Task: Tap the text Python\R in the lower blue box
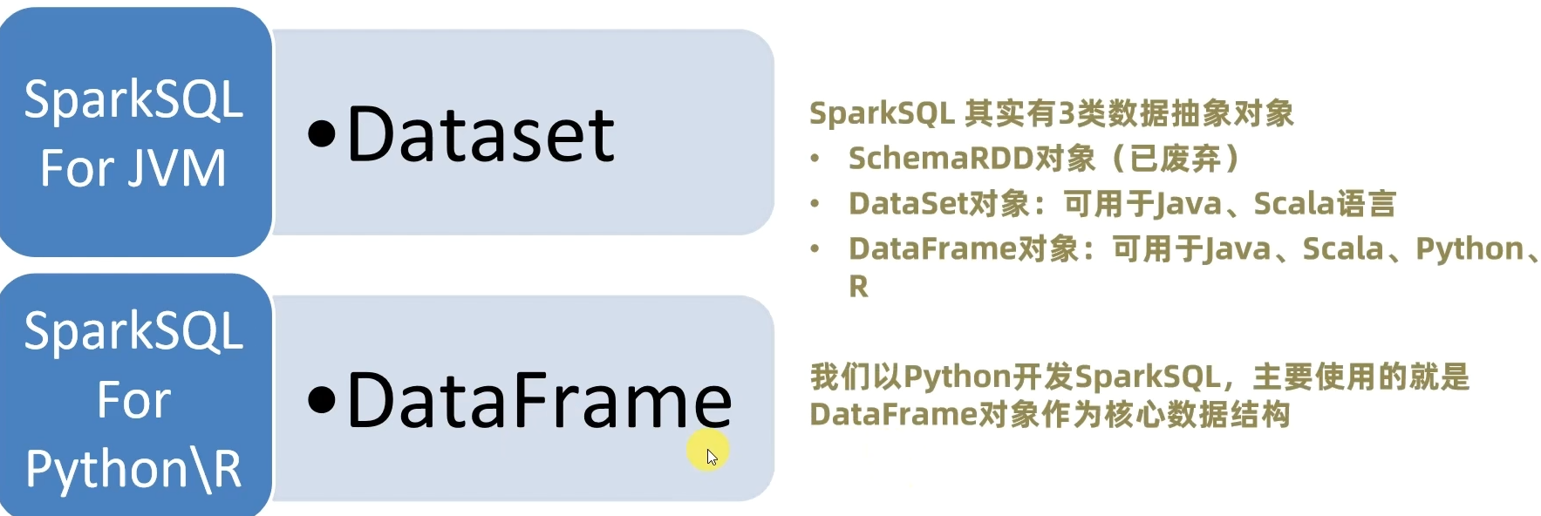pos(133,469)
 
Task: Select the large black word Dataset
pos(481,135)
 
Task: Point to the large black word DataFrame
pos(539,401)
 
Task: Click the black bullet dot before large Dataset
pos(322,135)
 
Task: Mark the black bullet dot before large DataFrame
pos(322,400)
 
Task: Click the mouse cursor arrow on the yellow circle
pos(712,456)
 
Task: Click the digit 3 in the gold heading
pos(1066,113)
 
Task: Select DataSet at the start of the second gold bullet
pos(907,204)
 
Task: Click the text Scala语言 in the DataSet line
pos(1324,204)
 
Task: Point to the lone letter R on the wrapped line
pos(858,286)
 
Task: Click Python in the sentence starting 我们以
pos(957,377)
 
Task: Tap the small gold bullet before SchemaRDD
pos(815,160)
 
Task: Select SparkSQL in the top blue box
pos(133,99)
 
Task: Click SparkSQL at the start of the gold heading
pos(882,113)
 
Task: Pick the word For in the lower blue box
pos(133,400)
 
